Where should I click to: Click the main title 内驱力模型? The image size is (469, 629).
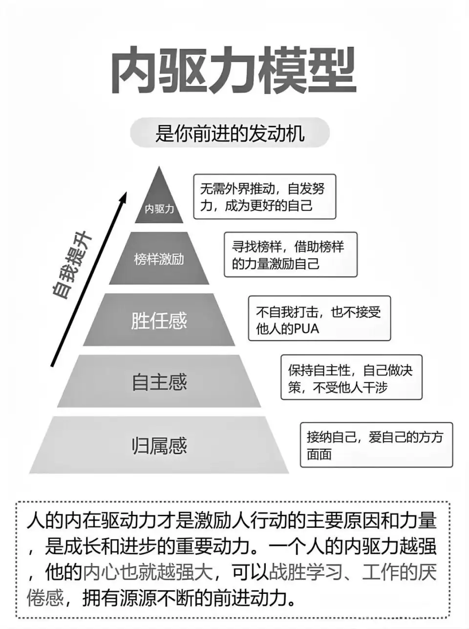[234, 70]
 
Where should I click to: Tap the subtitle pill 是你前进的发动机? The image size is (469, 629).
[230, 133]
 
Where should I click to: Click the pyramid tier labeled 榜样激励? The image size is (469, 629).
[159, 258]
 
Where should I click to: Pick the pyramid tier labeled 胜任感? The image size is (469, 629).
[159, 320]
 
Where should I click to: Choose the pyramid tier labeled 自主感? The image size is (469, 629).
[159, 381]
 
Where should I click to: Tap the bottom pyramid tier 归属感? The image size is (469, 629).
[159, 445]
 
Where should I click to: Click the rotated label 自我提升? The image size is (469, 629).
[72, 265]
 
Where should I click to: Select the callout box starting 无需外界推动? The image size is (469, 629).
[265, 197]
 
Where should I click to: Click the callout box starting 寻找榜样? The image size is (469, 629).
[290, 255]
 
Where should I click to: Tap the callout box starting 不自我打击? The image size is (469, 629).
[320, 318]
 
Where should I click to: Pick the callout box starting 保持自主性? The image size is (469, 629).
[351, 377]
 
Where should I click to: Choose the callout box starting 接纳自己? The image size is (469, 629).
[376, 445]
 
